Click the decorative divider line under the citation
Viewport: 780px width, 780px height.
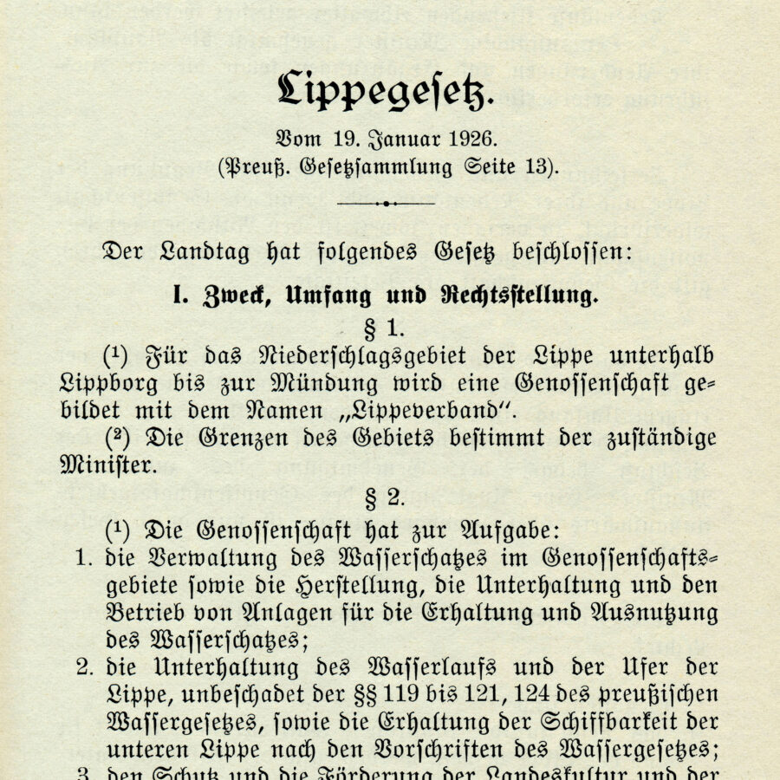coord(386,203)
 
